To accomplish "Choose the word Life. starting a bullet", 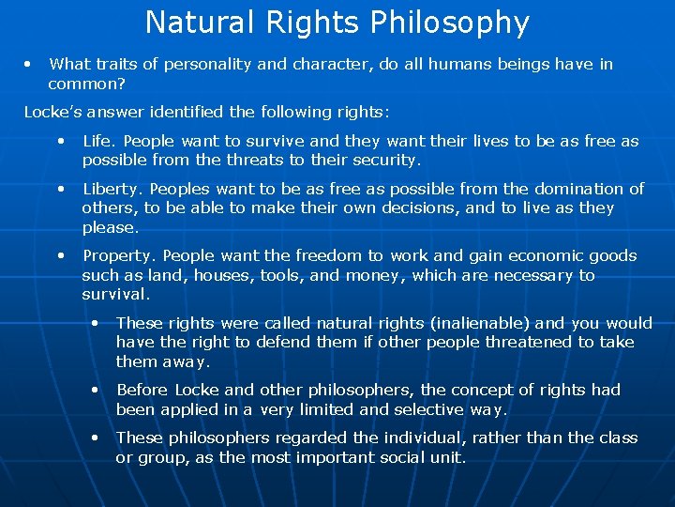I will (99, 141).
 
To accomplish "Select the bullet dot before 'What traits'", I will (29, 64).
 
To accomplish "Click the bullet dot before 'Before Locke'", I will (95, 389).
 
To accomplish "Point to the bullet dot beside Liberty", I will (61, 188).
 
